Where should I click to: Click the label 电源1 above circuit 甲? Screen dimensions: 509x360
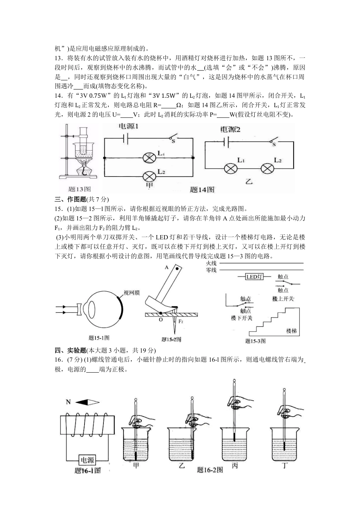click(129, 126)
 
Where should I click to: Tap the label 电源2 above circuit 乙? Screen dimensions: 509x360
click(231, 130)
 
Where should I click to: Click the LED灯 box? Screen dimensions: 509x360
click(255, 277)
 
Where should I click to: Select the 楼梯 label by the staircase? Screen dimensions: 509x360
click(291, 331)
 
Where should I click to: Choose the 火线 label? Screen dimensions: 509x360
click(211, 263)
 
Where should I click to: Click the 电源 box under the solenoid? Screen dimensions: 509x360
click(87, 460)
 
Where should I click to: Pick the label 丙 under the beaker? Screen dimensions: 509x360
click(235, 466)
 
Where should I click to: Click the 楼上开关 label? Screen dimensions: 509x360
click(283, 299)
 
